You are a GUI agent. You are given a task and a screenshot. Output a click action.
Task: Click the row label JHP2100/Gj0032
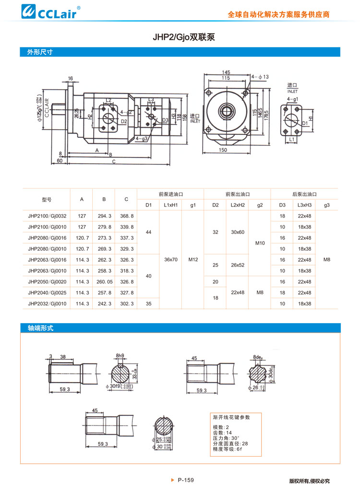pos(47,216)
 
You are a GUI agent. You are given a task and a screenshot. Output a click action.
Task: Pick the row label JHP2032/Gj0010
pos(47,303)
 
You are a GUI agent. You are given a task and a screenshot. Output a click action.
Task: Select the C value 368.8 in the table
pos(126,216)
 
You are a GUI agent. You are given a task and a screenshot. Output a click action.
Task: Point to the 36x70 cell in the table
pos(170,260)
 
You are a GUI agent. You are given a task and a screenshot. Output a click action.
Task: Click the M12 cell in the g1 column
pos(193,260)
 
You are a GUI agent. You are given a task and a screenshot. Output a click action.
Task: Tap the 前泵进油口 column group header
pos(170,194)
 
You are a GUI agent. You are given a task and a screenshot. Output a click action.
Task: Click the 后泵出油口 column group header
pos(304,194)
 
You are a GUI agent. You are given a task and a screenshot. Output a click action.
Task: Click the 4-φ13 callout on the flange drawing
pos(260,77)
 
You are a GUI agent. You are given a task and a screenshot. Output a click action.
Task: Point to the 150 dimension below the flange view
pos(223,150)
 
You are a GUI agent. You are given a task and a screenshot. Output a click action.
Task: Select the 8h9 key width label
pos(120,356)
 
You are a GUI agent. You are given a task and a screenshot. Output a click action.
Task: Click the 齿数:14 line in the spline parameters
pos(222,433)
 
